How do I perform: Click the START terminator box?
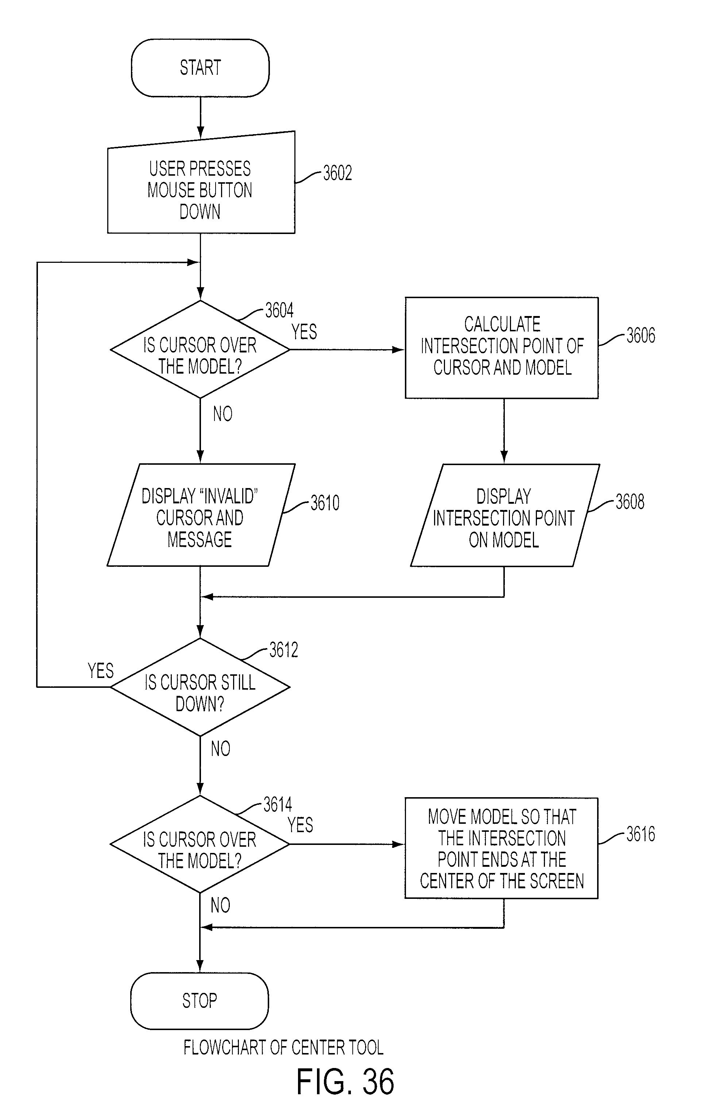tap(200, 68)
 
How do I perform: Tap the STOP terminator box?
tap(200, 1001)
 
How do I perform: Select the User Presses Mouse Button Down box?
tap(201, 183)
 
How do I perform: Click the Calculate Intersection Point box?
tap(502, 348)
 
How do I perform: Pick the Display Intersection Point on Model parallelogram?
tap(505, 515)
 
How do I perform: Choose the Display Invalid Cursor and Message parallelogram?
tap(201, 515)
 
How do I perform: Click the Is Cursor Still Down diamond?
tap(200, 687)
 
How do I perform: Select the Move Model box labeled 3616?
tap(502, 848)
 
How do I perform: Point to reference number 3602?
tap(337, 173)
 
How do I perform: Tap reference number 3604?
tap(279, 311)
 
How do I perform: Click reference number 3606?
tap(641, 335)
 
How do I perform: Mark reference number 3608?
tap(630, 502)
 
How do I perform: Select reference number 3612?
tap(283, 650)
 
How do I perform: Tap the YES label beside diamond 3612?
tap(101, 671)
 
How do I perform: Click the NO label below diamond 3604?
tap(223, 414)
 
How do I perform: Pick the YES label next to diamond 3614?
tap(300, 825)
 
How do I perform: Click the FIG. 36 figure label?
tap(345, 1082)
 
